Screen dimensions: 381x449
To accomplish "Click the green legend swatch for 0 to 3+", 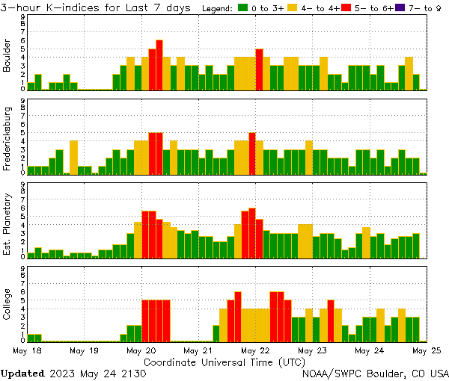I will pyautogui.click(x=244, y=8).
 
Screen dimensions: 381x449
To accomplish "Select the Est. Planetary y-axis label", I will pyautogui.click(x=7, y=224).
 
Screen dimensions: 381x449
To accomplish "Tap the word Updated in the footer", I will pyautogui.click(x=22, y=373).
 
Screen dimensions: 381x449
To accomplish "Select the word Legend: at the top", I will pyautogui.click(x=219, y=8).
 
